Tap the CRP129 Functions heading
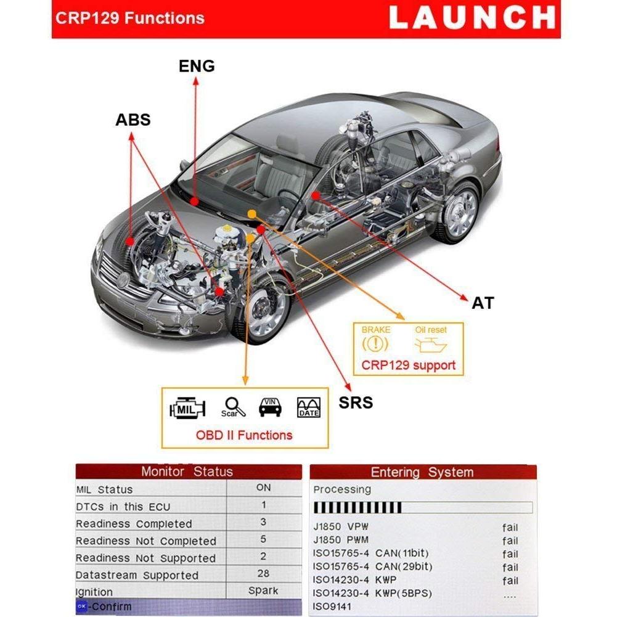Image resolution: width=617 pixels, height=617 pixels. click(130, 18)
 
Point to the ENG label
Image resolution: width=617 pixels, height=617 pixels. click(197, 66)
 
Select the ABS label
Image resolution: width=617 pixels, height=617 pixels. click(133, 120)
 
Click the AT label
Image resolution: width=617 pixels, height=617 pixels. click(483, 303)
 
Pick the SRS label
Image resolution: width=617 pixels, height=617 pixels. click(356, 402)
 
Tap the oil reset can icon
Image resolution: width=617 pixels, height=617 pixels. click(430, 345)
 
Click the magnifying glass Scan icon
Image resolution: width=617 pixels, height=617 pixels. click(234, 407)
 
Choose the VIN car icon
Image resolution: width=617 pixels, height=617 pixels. click(270, 406)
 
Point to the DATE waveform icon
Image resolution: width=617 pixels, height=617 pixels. click(308, 407)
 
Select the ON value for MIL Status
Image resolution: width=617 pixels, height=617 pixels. click(263, 487)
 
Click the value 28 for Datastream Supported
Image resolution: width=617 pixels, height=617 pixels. click(263, 573)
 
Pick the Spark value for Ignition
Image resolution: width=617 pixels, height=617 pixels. click(263, 590)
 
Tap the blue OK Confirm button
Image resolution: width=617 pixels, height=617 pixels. click(82, 607)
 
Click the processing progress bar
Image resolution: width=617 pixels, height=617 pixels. click(422, 507)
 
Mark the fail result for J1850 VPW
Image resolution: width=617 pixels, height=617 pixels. click(510, 527)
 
